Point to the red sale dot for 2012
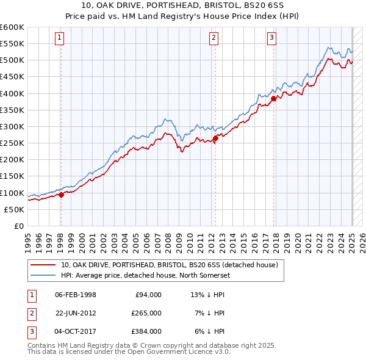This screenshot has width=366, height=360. point(215,139)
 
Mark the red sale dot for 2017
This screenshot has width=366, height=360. point(273,99)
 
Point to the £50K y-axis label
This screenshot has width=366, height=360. point(15,209)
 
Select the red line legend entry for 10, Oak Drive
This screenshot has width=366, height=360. point(170,265)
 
